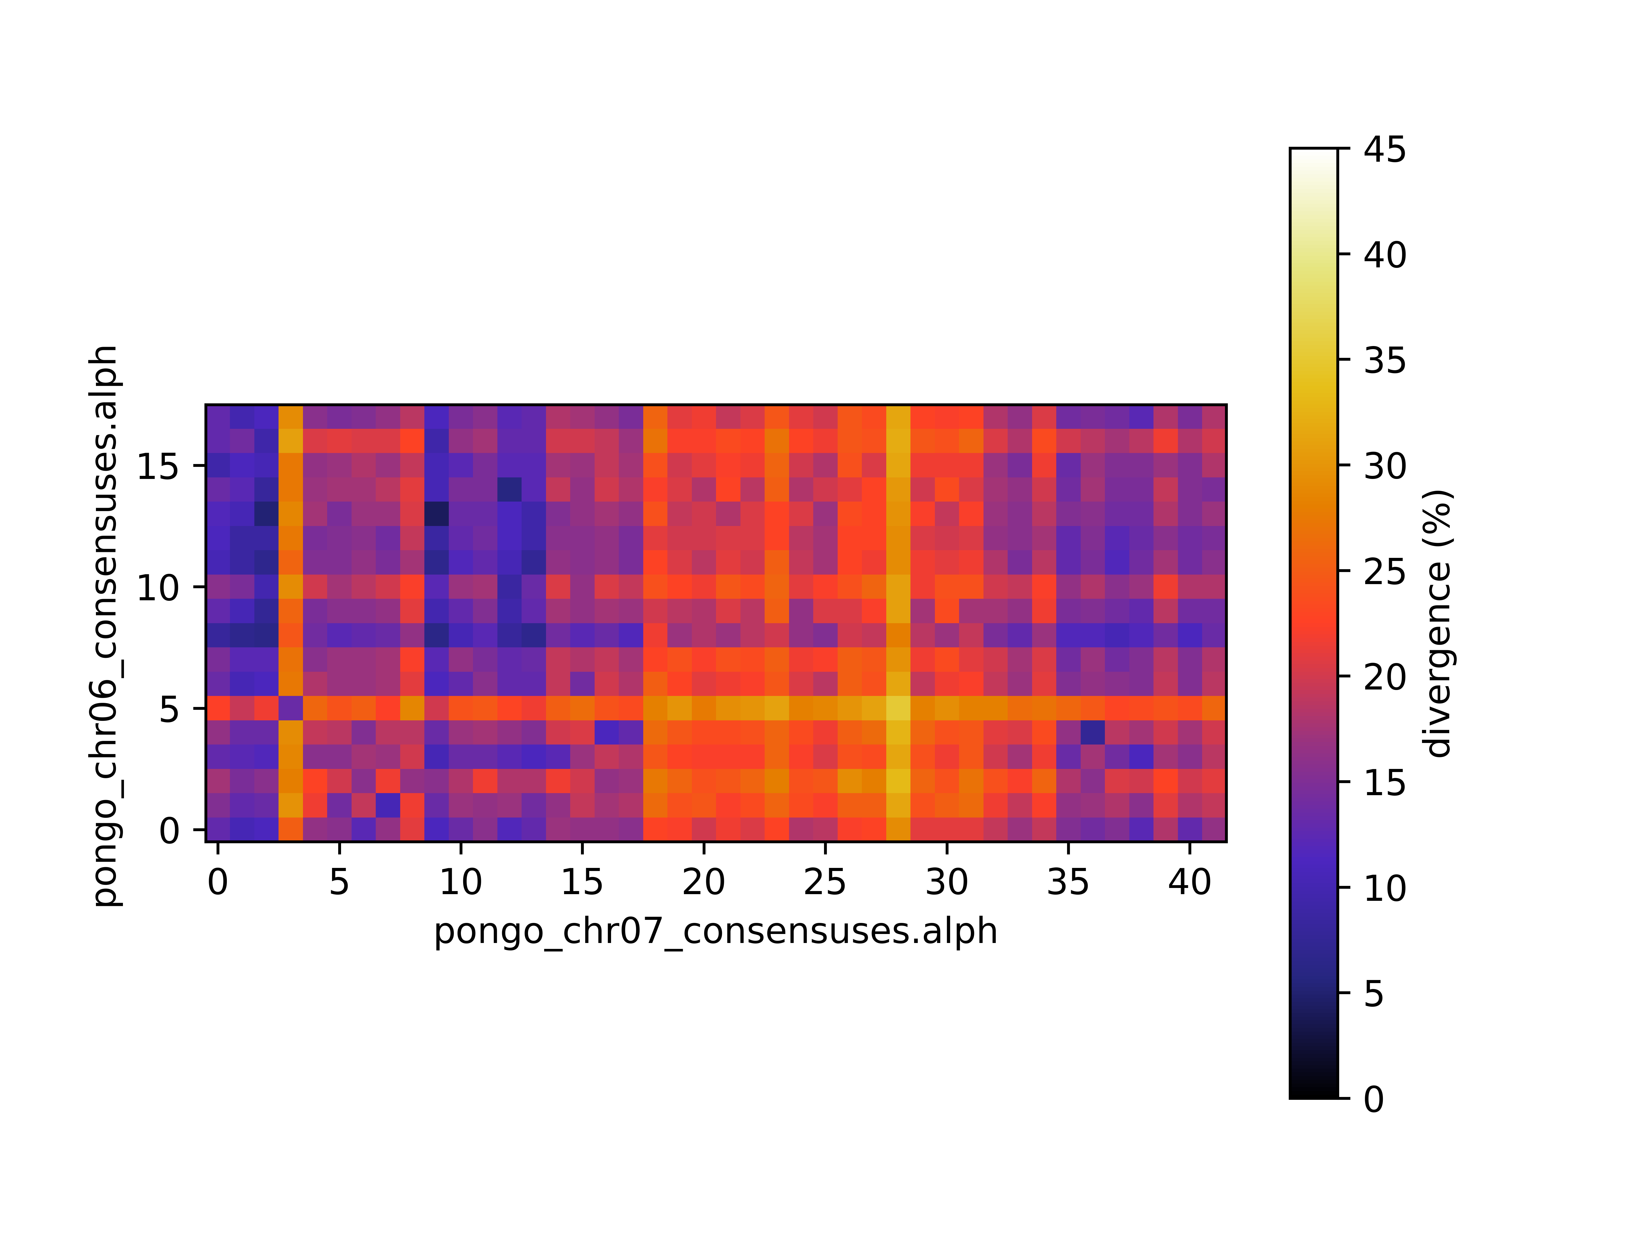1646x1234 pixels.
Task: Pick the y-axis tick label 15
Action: tap(158, 466)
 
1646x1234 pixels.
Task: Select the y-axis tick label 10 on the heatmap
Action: tap(158, 588)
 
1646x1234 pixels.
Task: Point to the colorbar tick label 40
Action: tap(1385, 255)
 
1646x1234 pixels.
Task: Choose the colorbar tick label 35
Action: tap(1385, 361)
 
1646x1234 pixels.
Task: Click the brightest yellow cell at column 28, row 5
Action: tap(898, 708)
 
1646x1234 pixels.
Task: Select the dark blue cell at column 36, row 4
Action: tap(1092, 733)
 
